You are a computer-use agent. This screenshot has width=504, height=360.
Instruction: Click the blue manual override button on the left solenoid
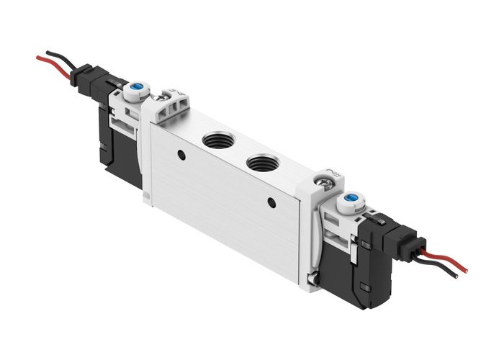pos(135,89)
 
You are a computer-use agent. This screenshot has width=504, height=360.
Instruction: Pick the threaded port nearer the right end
pos(260,162)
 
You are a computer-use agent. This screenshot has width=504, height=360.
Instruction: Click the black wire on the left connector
pos(61,56)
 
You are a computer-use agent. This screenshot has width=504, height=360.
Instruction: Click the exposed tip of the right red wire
pos(464,271)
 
